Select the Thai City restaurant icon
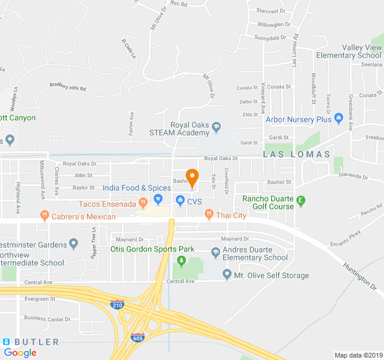point(209,214)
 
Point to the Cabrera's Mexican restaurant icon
point(44,214)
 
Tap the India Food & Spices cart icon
point(158,199)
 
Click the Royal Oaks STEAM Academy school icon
point(216,127)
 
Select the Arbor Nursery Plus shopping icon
point(338,118)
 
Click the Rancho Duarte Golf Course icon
point(301,200)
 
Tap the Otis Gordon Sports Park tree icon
point(181,260)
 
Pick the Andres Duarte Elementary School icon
point(215,254)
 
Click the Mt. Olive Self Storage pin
point(227,275)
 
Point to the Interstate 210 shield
point(118,305)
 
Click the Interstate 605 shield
point(137,338)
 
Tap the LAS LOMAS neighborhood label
point(296,154)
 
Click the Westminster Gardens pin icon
point(74,243)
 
